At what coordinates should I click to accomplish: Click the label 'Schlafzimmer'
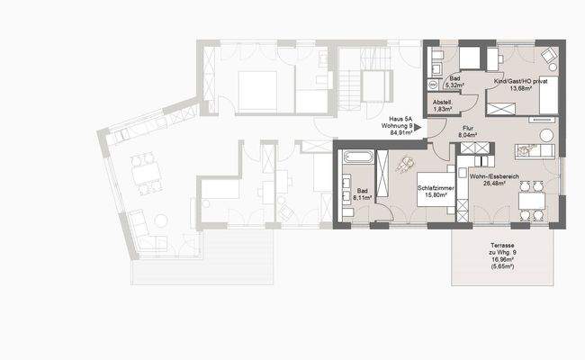436,188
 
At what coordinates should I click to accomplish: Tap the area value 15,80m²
436,196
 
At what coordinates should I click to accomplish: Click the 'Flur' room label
468,130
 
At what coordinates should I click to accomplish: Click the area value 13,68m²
520,89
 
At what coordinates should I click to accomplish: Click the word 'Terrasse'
503,245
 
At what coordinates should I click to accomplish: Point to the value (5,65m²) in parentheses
503,267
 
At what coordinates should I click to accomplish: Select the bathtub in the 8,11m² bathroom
356,158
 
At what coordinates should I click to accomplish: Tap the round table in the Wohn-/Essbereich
545,135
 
